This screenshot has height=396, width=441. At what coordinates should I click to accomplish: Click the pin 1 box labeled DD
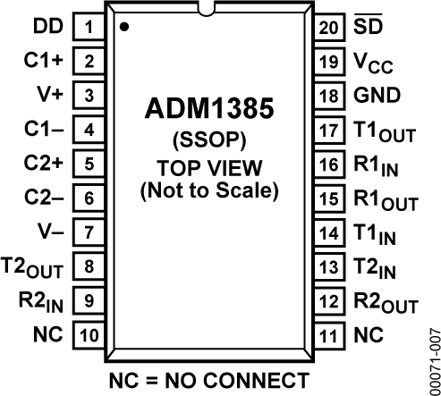click(89, 27)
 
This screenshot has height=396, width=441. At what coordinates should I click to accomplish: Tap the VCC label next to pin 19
click(373, 63)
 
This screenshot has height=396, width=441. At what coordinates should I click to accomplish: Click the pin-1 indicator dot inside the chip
click(124, 28)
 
